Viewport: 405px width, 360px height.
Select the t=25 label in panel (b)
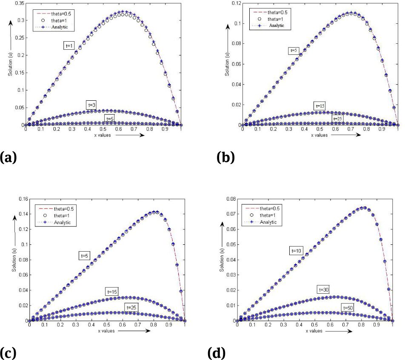[338, 119]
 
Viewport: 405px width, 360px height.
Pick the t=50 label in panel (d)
[350, 307]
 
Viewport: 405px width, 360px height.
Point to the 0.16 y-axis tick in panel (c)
[22, 199]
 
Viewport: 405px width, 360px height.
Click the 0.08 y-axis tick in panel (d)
[229, 199]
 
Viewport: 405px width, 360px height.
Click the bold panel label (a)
[8, 158]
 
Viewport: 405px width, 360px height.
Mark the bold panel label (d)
[216, 353]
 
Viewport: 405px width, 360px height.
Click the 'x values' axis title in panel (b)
[319, 135]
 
